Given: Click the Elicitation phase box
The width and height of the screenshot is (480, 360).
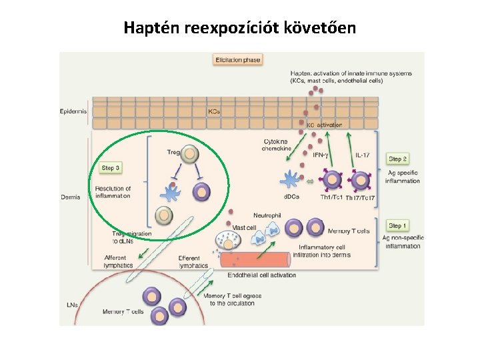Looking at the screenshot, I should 237,60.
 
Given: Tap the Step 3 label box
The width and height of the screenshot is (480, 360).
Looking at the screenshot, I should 111,167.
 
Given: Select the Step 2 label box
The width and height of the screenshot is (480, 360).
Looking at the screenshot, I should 398,159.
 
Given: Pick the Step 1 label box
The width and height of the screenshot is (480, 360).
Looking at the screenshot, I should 398,226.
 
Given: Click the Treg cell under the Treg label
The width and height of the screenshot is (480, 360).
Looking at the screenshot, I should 191,155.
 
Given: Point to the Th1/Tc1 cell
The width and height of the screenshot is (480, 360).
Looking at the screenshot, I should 331,180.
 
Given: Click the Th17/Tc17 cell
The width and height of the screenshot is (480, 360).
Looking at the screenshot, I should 361,180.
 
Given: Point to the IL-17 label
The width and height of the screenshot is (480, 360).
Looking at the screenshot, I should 362,155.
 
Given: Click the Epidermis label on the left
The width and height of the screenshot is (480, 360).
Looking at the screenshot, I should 74,111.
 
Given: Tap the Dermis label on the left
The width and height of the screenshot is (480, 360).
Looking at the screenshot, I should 70,197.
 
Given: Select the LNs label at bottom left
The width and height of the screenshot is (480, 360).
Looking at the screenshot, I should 71,305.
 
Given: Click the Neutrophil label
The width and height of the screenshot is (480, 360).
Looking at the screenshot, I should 267,215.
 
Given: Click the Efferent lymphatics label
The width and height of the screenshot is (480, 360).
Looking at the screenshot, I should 193,261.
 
